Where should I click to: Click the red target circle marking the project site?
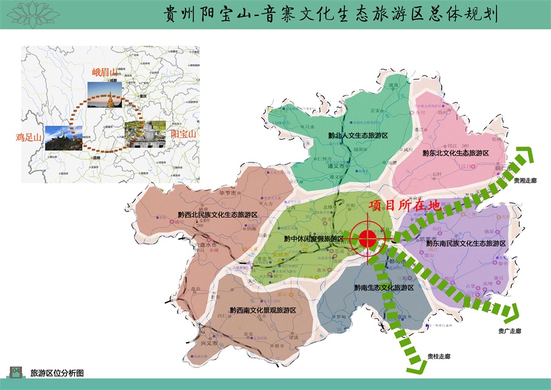coord(368,240)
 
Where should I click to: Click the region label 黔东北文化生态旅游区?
coord(455,153)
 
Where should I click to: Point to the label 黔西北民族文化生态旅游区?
coord(217,215)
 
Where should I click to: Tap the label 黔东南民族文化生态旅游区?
coord(466,243)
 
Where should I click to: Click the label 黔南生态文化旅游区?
coord(384,287)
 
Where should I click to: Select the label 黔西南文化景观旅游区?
coord(263,310)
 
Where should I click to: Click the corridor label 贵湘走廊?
coord(525,181)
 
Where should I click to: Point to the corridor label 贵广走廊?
coord(509,331)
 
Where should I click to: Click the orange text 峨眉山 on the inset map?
coord(104,72)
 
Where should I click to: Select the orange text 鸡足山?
coord(29,136)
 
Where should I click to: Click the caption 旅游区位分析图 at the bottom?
coord(56,372)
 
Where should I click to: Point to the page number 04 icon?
coord(17,371)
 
